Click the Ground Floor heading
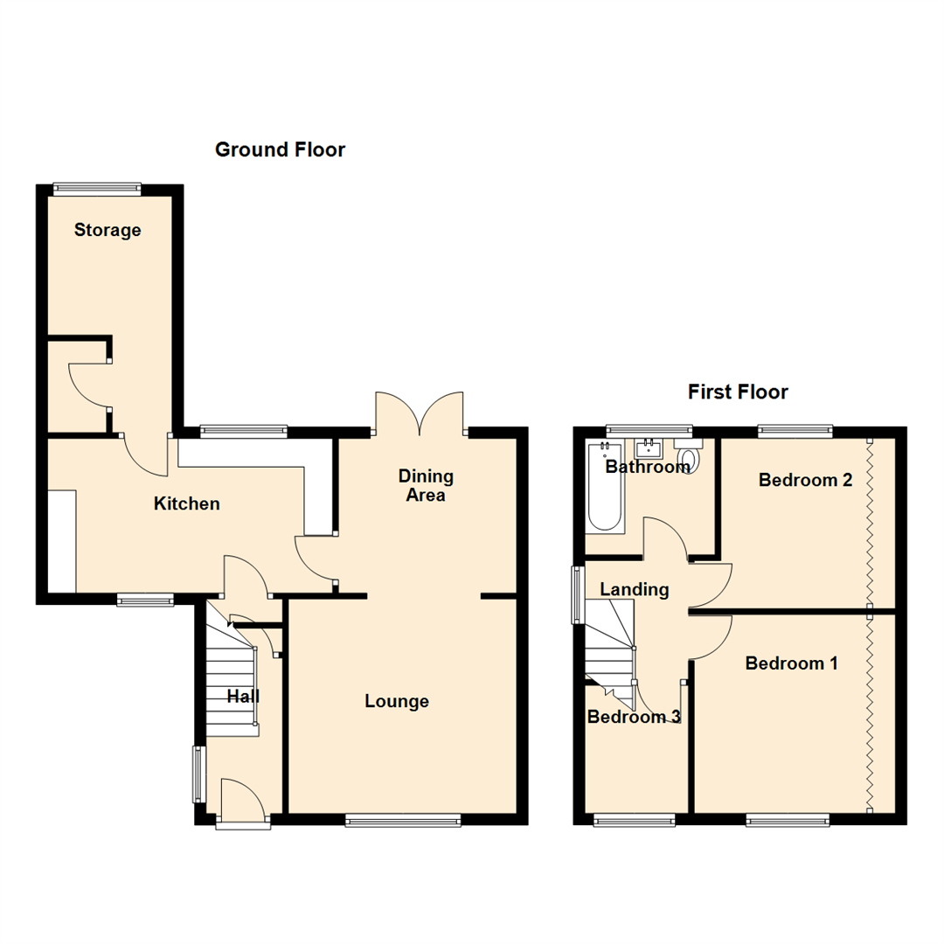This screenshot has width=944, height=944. click(280, 150)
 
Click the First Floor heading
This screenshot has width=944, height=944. click(738, 392)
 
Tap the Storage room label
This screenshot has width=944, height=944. click(108, 231)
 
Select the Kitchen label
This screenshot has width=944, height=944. click(187, 504)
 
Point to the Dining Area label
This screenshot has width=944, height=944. click(426, 486)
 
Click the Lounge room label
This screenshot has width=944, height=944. click(397, 701)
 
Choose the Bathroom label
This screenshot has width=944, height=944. click(648, 467)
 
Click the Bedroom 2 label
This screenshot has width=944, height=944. click(805, 480)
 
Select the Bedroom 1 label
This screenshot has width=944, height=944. click(791, 663)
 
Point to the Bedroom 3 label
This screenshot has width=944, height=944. click(634, 718)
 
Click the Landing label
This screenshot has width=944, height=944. click(634, 590)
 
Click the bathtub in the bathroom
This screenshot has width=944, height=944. click(603, 489)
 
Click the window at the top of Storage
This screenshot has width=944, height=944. click(96, 186)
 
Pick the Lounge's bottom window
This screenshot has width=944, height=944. click(402, 819)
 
